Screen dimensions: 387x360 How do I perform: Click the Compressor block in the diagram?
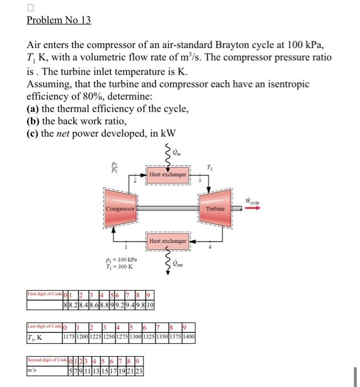[x=120, y=210]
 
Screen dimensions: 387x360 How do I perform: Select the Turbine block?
[x=215, y=210]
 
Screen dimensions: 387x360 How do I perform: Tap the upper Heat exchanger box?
[x=168, y=175]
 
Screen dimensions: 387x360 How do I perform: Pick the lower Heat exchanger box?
[x=168, y=242]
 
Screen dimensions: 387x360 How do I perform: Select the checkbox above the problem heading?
[x=30, y=7]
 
